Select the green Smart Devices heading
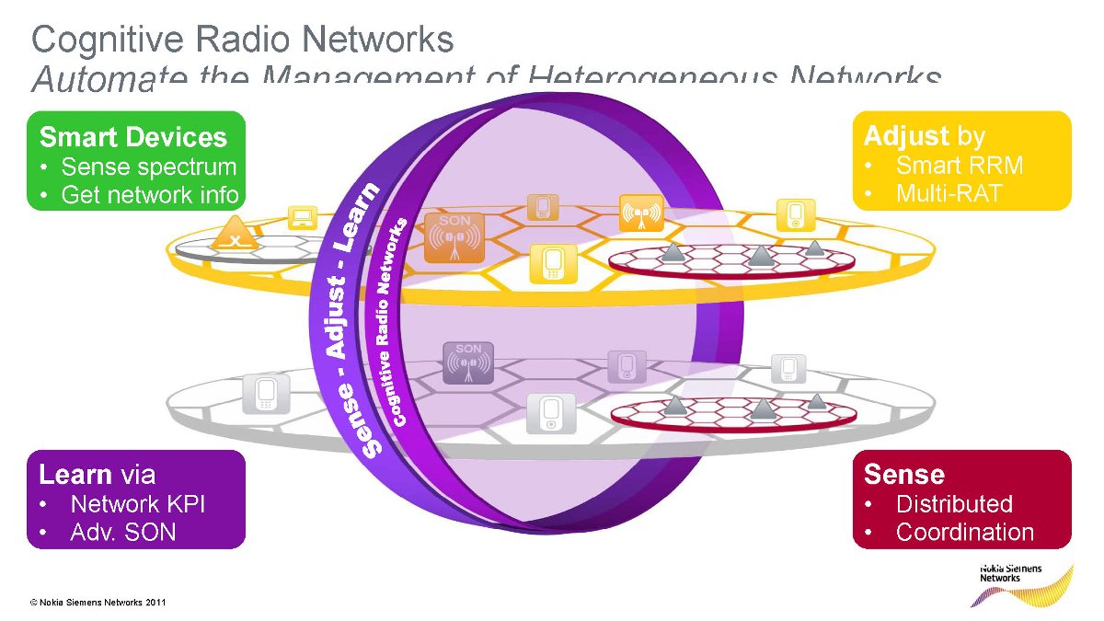[x=132, y=137]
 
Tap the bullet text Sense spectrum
[x=148, y=167]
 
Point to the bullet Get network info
[x=149, y=195]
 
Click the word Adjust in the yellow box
[x=905, y=136]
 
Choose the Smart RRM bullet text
[x=960, y=166]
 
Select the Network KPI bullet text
[x=138, y=504]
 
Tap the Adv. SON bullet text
[x=122, y=532]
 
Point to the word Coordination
[x=964, y=532]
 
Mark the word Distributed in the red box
[x=954, y=504]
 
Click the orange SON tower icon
[x=454, y=238]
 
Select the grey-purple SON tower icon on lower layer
[x=468, y=362]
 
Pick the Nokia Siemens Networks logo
[x=1021, y=581]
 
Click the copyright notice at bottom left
[x=98, y=603]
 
